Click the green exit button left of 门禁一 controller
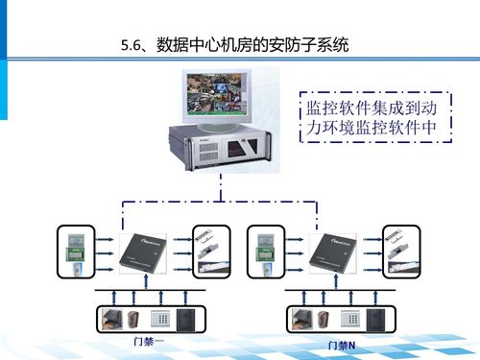coord(76,255)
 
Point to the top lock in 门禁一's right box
coord(206,235)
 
